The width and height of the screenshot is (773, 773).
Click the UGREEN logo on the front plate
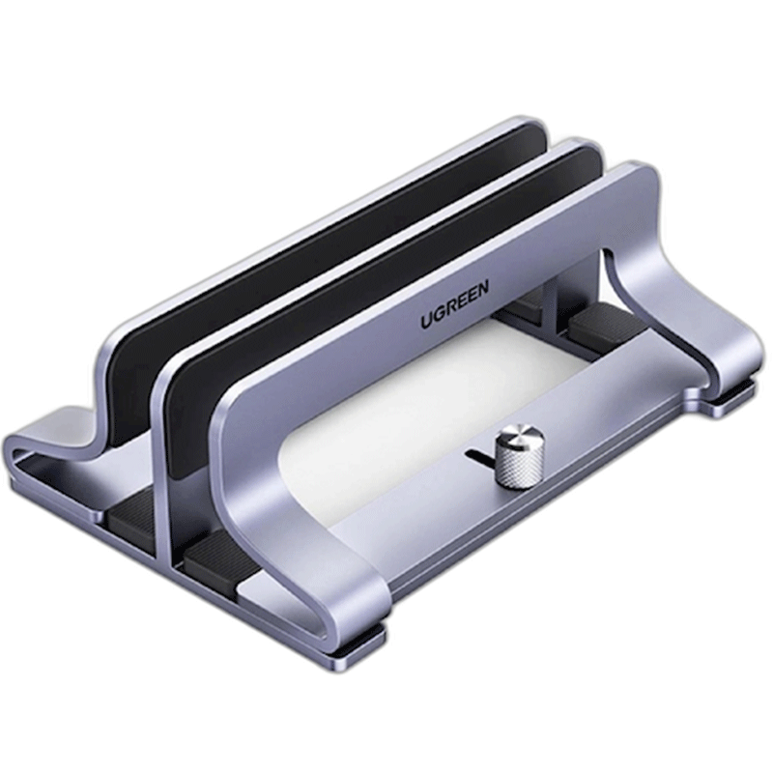(x=454, y=303)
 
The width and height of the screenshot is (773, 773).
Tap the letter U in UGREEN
(x=427, y=321)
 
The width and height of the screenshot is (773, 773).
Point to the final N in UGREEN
(x=481, y=287)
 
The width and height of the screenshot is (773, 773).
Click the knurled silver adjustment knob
(x=519, y=456)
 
